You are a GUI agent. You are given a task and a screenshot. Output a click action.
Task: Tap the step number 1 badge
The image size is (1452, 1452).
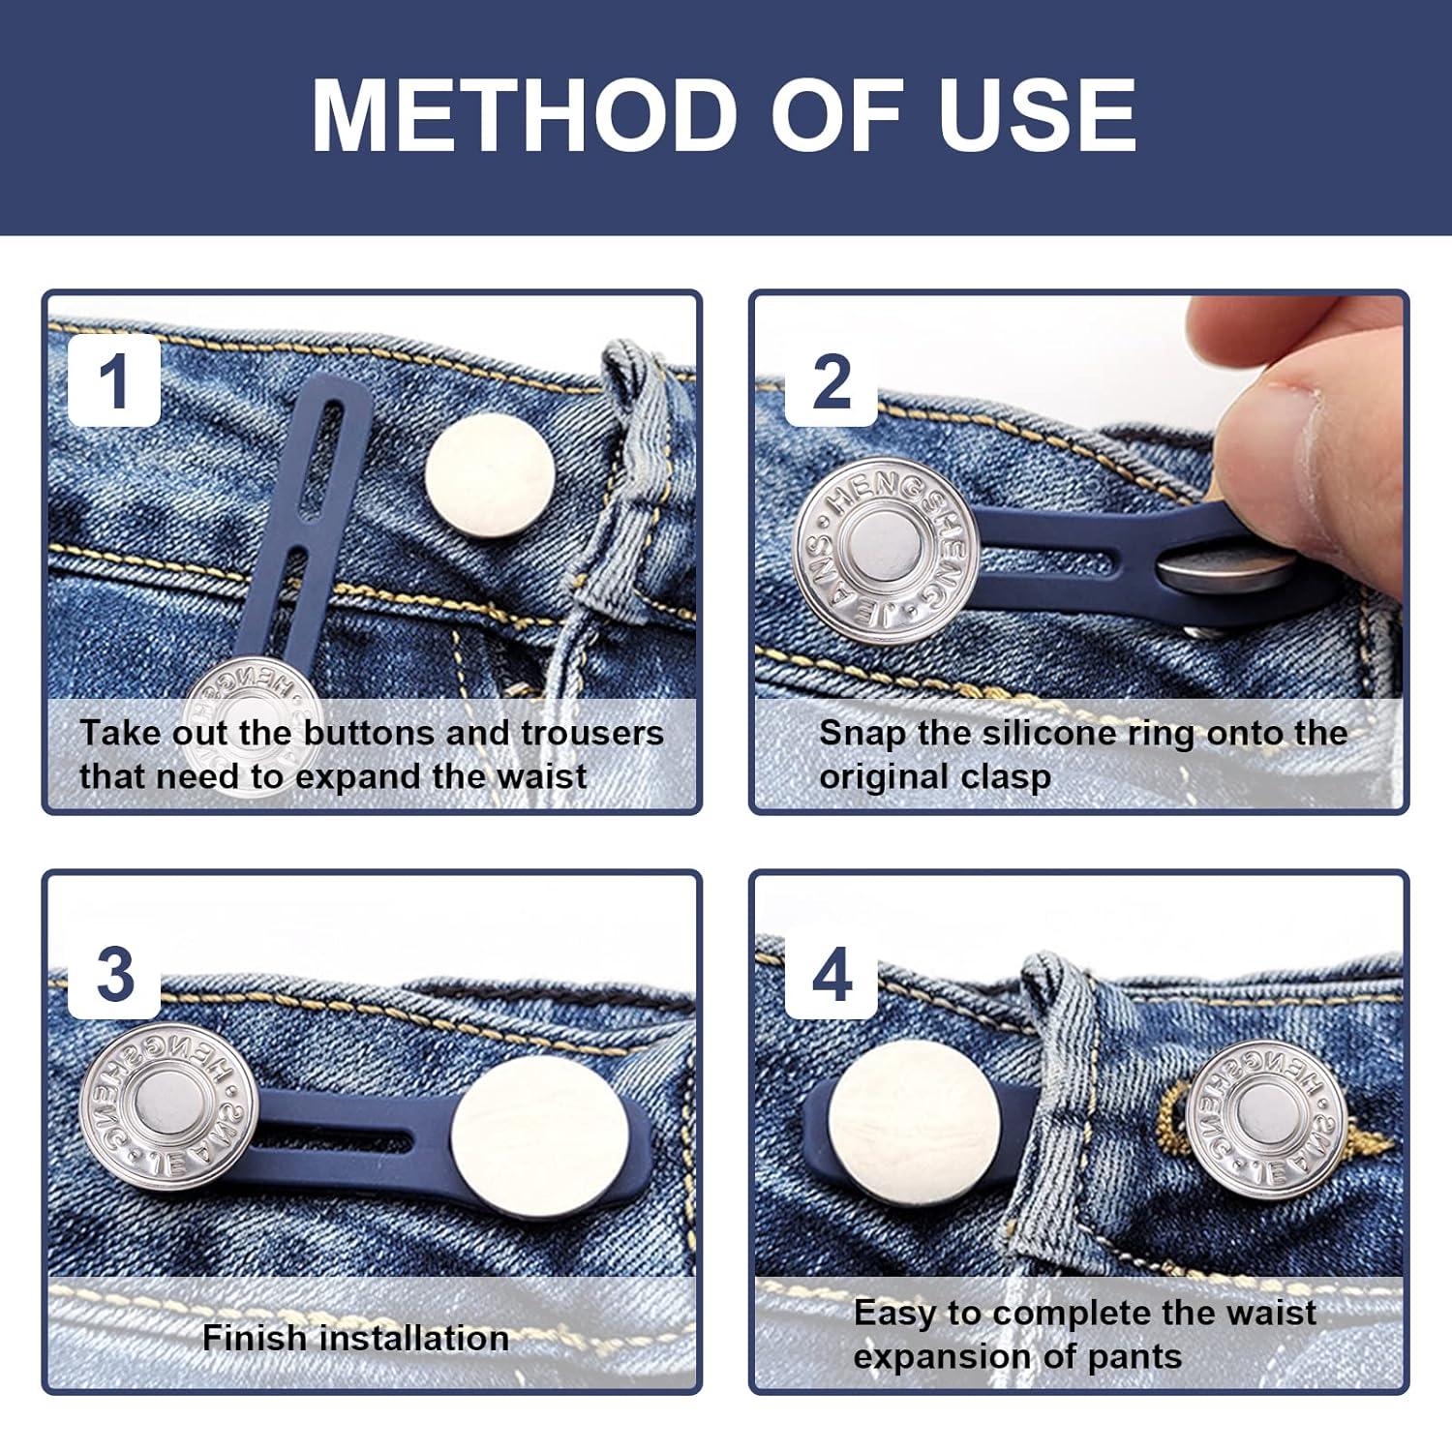[114, 381]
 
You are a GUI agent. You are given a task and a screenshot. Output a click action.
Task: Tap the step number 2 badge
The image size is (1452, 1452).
[831, 381]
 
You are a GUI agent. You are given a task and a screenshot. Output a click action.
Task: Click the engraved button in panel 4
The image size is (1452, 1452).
[1266, 1119]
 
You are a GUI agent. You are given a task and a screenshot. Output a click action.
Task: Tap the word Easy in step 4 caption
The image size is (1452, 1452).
[895, 1313]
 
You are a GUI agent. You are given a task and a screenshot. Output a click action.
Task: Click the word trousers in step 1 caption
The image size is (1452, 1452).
[592, 733]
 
